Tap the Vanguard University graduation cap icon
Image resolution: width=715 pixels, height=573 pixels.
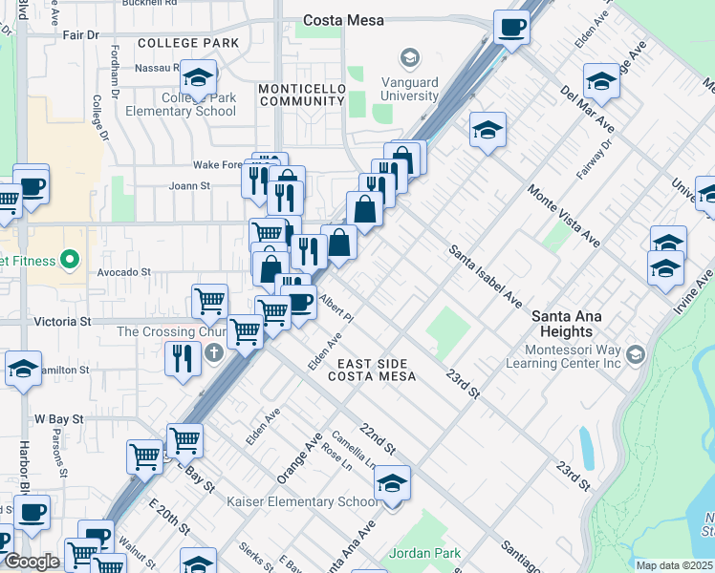[x=410, y=58]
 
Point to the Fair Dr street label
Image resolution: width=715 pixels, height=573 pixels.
[x=80, y=34]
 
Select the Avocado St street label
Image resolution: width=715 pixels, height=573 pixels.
[x=125, y=271]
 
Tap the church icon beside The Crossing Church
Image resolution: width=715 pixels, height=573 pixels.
[x=214, y=352]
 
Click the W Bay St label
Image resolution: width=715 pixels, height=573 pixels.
[x=59, y=418]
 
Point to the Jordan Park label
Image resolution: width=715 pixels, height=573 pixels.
[x=425, y=553]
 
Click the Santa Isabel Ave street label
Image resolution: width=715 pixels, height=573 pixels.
[x=486, y=278]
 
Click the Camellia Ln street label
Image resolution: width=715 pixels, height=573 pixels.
[x=355, y=448]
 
